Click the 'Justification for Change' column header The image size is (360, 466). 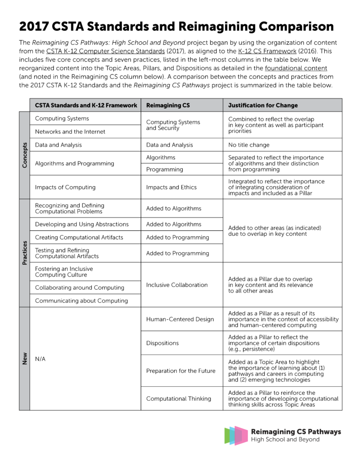pyautogui.click(x=262, y=105)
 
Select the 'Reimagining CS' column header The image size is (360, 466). pyautogui.click(x=168, y=105)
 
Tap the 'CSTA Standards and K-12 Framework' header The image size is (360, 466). pyautogui.click(x=86, y=105)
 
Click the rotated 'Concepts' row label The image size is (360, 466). pyautogui.click(x=24, y=155)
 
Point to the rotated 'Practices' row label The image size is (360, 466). pyautogui.click(x=24, y=253)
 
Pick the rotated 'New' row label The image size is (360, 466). pyautogui.click(x=24, y=359)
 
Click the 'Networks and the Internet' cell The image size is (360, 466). pyautogui.click(x=70, y=132)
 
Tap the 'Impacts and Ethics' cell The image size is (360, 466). pyautogui.click(x=171, y=187)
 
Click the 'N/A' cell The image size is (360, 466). pyautogui.click(x=41, y=359)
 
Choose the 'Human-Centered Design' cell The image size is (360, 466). pyautogui.click(x=180, y=319)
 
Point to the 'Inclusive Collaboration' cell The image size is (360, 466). pyautogui.click(x=177, y=285)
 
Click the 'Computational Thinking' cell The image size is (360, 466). pyautogui.click(x=179, y=398)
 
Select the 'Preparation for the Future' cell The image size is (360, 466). pyautogui.click(x=181, y=371)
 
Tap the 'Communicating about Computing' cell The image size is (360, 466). pyautogui.click(x=81, y=301)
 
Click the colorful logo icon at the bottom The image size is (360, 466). pyautogui.click(x=236, y=435)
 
